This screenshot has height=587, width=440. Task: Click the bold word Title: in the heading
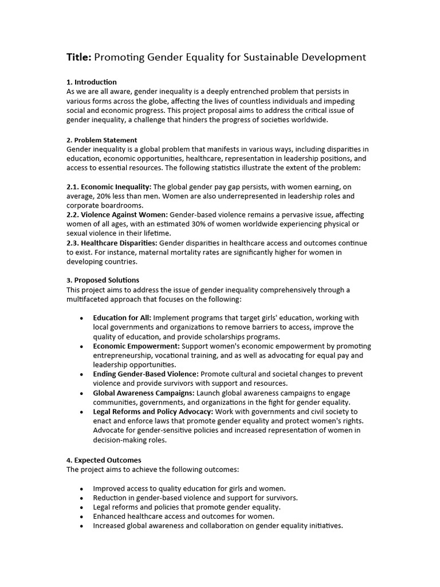coord(79,57)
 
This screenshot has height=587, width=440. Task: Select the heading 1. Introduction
coord(92,82)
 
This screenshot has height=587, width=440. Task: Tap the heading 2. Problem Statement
coord(102,140)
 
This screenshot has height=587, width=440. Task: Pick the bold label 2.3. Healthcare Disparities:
coord(112,243)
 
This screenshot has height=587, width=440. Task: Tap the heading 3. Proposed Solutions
coord(103,280)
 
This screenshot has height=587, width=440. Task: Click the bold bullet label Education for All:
coord(122,318)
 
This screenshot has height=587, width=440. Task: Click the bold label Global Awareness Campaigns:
coord(144,393)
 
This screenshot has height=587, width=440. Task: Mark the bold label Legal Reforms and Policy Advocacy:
coord(153,412)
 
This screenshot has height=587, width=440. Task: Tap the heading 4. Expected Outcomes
coord(104,460)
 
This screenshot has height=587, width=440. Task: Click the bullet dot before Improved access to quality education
coord(81,489)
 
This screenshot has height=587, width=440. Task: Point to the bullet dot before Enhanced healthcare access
coord(81,516)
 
